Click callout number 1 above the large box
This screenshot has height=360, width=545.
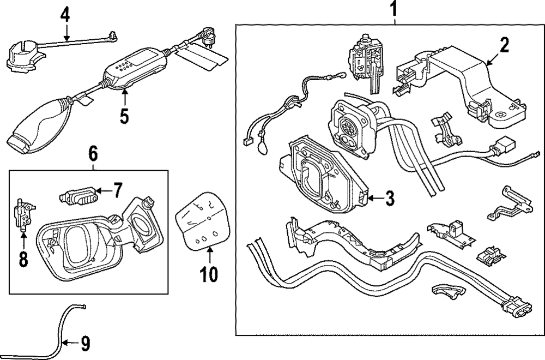point(394,9)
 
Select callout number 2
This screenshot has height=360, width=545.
point(504,45)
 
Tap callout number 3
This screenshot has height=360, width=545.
point(389,199)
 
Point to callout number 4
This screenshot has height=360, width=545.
point(65,15)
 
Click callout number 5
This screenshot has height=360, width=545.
point(124,117)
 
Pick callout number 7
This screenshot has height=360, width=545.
point(118,191)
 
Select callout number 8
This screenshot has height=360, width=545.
point(23,259)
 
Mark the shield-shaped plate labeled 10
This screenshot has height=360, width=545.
point(201,221)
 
